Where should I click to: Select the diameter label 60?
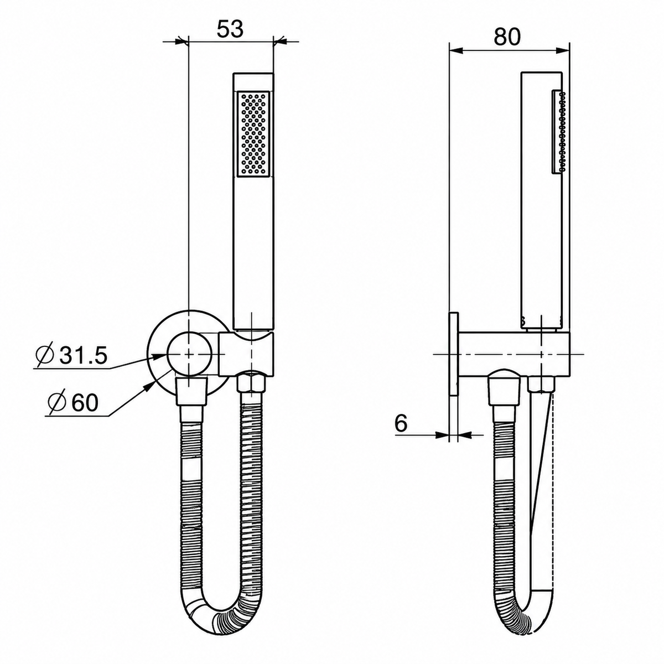click(x=73, y=402)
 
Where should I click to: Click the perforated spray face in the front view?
click(x=253, y=134)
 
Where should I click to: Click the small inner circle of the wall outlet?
click(x=189, y=354)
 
